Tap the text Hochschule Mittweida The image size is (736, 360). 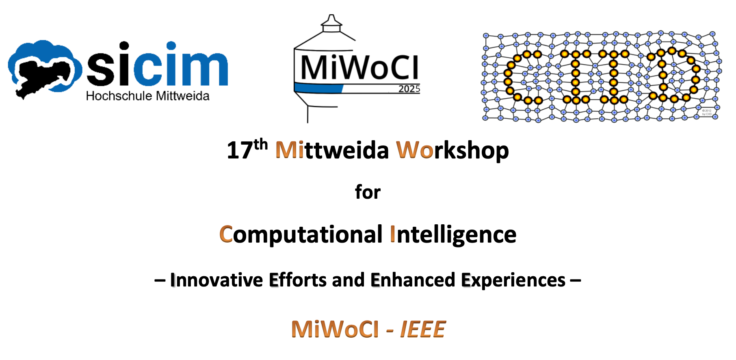pyautogui.click(x=148, y=96)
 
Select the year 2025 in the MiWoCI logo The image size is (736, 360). pyautogui.click(x=409, y=89)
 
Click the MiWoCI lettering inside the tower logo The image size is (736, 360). pyautogui.click(x=359, y=67)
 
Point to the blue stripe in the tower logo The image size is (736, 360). pyautogui.click(x=319, y=88)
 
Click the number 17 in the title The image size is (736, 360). pyautogui.click(x=240, y=150)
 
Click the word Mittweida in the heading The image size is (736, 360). pyautogui.click(x=332, y=150)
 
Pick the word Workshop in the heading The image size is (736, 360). pyautogui.click(x=452, y=151)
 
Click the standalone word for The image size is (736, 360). pyautogui.click(x=368, y=192)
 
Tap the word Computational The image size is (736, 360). pyautogui.click(x=301, y=235)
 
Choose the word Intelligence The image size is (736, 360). pyautogui.click(x=453, y=235)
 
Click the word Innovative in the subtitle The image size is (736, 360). pyautogui.click(x=216, y=280)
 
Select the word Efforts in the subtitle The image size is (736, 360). pyautogui.click(x=298, y=280)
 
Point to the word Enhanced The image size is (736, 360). pyautogui.click(x=413, y=280)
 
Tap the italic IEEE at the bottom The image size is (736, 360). pyautogui.click(x=423, y=329)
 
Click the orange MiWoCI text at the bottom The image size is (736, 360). pyautogui.click(x=335, y=329)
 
